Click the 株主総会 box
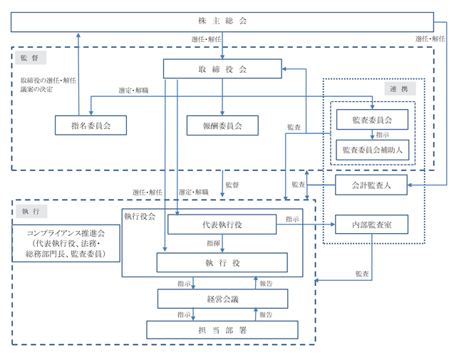point(222,22)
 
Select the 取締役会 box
point(222,69)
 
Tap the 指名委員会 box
point(91,125)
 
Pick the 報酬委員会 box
point(222,125)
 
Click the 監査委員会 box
point(372,120)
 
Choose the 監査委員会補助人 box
point(372,150)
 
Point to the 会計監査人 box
point(371,185)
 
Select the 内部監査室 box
point(371,225)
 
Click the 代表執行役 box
point(222,225)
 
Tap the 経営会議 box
point(222,299)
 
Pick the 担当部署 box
point(222,330)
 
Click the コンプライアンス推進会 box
point(66,243)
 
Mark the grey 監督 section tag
point(31,58)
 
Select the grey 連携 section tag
point(400,88)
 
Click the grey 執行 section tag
point(31,212)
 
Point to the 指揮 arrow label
point(213,243)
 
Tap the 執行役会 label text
point(140,216)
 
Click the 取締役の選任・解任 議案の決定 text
point(48,85)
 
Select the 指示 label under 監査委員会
point(383,135)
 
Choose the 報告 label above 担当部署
point(266,314)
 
